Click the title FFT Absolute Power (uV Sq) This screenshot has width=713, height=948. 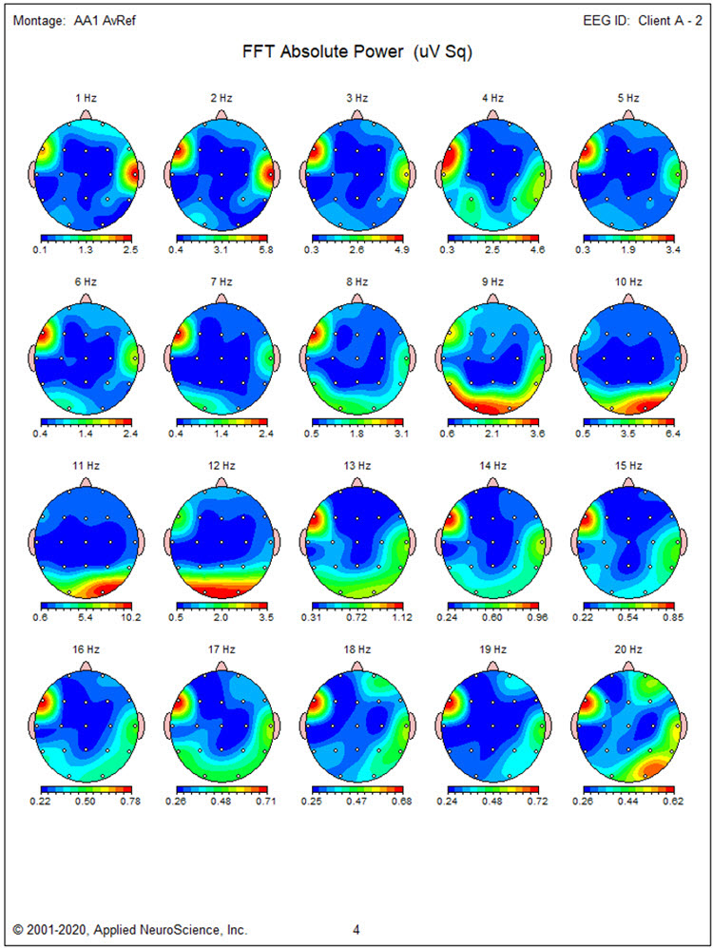click(357, 53)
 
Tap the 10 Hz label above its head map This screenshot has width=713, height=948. click(628, 281)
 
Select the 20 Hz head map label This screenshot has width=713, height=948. click(628, 648)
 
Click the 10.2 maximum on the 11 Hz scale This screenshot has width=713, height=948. click(131, 617)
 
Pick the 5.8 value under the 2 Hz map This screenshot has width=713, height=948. click(267, 250)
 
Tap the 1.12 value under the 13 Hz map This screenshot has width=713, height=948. click(403, 617)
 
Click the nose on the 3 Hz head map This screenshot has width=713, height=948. click(357, 114)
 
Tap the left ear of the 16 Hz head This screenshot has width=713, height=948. click(35, 725)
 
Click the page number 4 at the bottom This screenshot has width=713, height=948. click(356, 929)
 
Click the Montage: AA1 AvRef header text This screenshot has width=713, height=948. click(74, 21)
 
